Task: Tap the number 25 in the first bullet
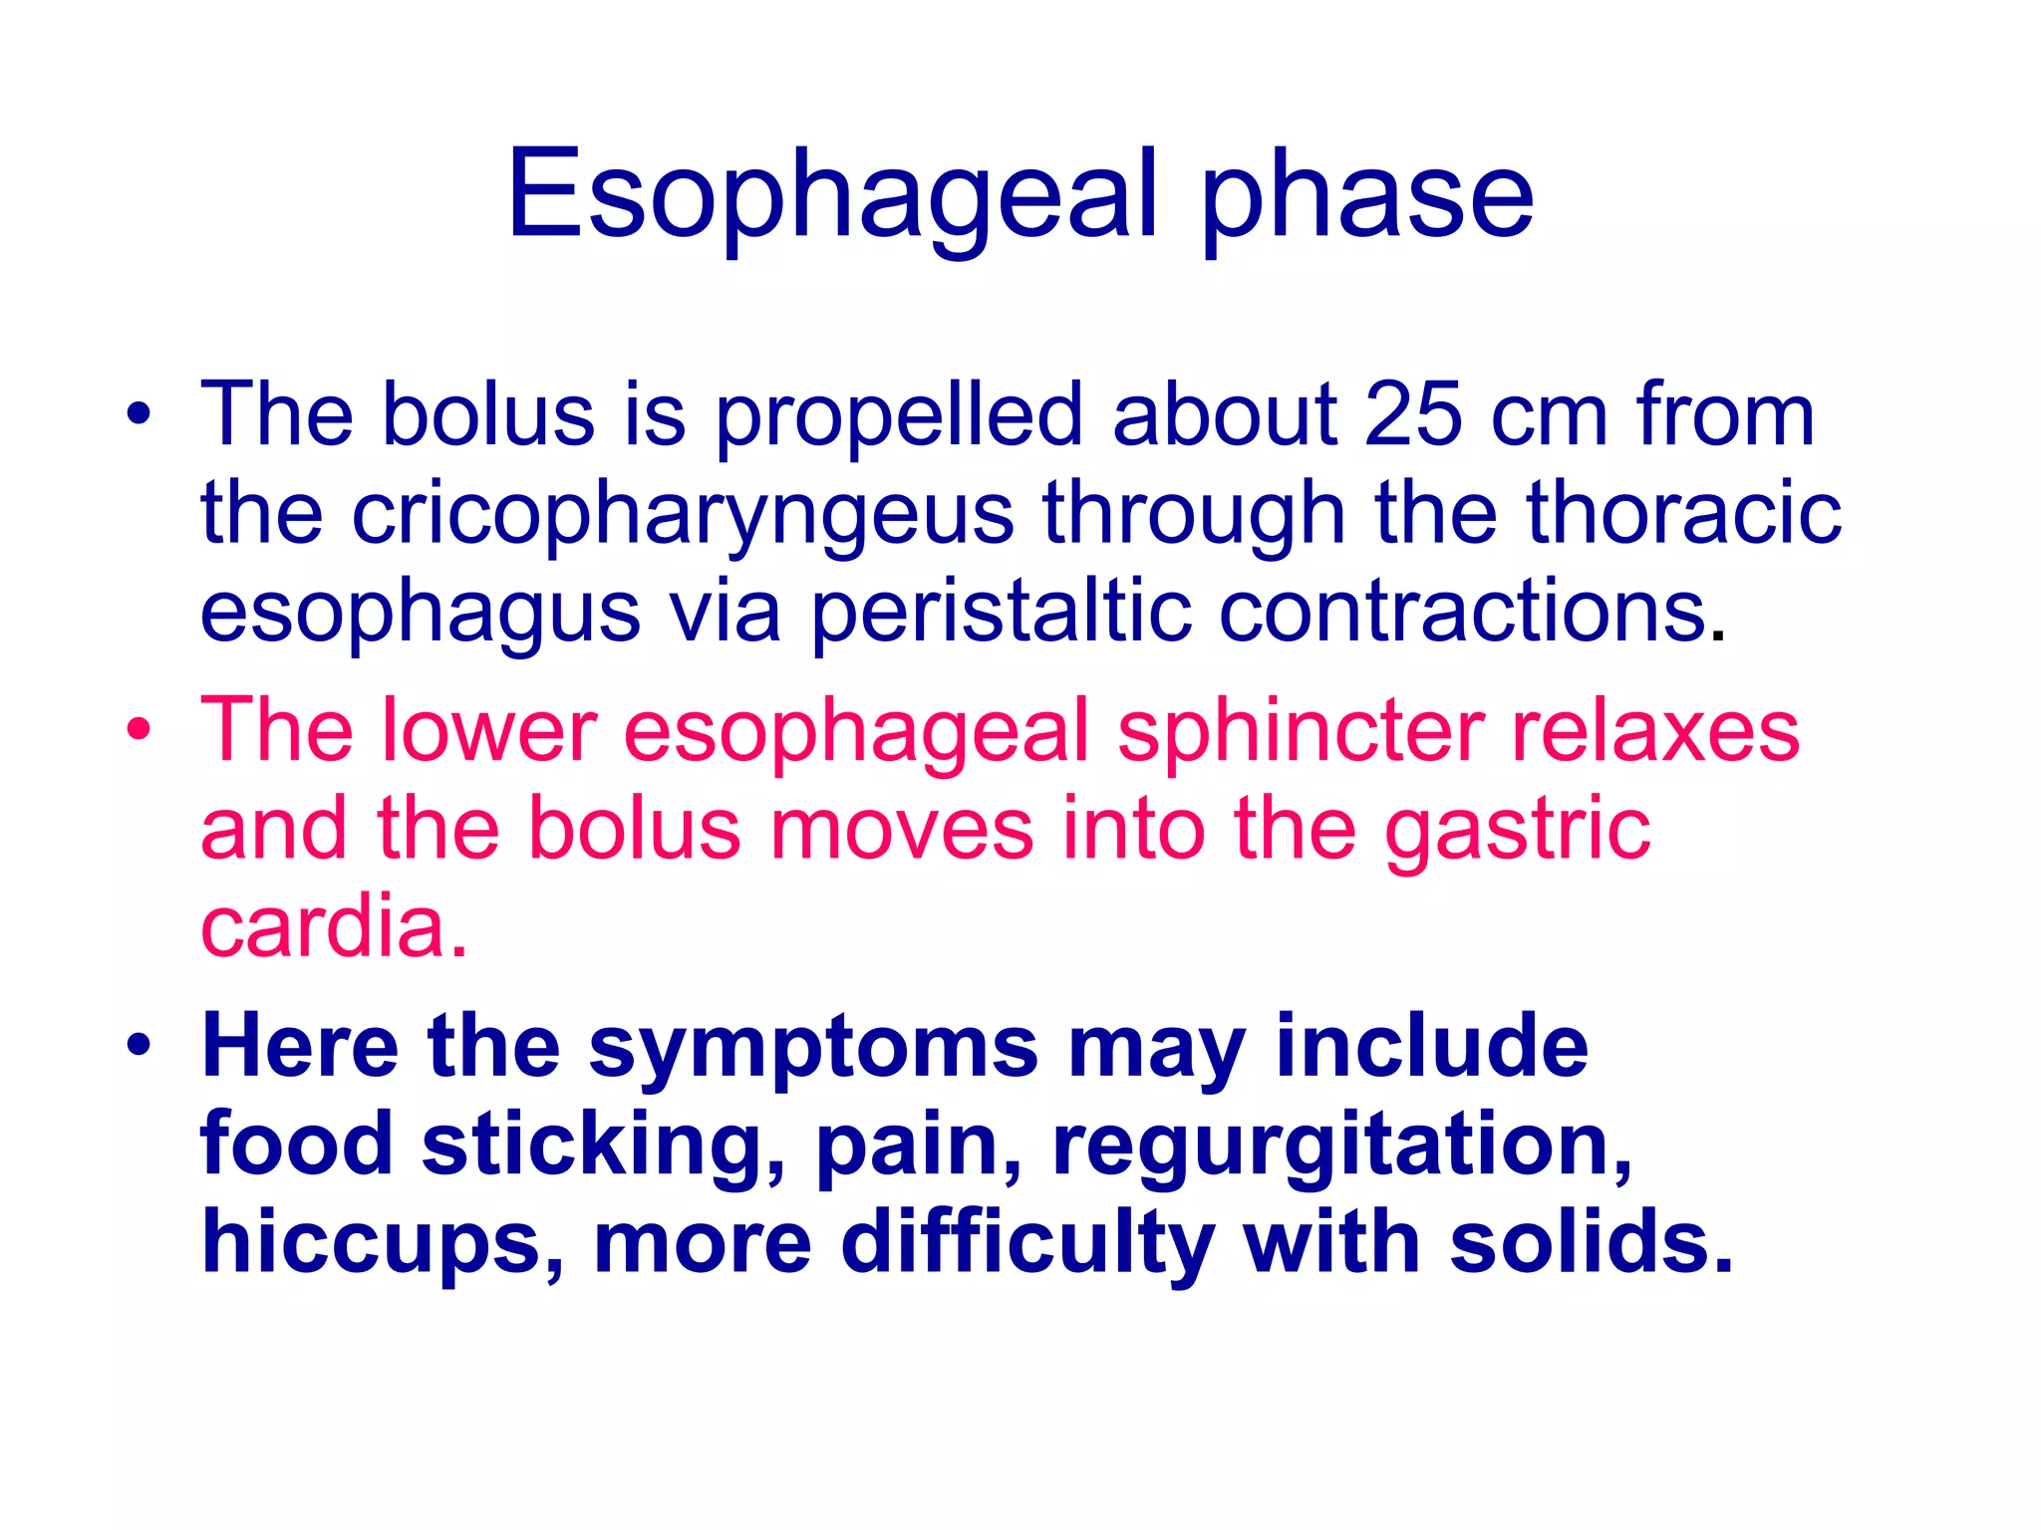tap(1413, 415)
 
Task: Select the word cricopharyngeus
tap(683, 515)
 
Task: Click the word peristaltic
tap(1001, 613)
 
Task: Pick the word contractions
tap(1463, 611)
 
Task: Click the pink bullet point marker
tap(139, 729)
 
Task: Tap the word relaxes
tap(1655, 730)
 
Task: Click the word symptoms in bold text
tap(813, 1049)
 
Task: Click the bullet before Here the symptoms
tap(139, 1046)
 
